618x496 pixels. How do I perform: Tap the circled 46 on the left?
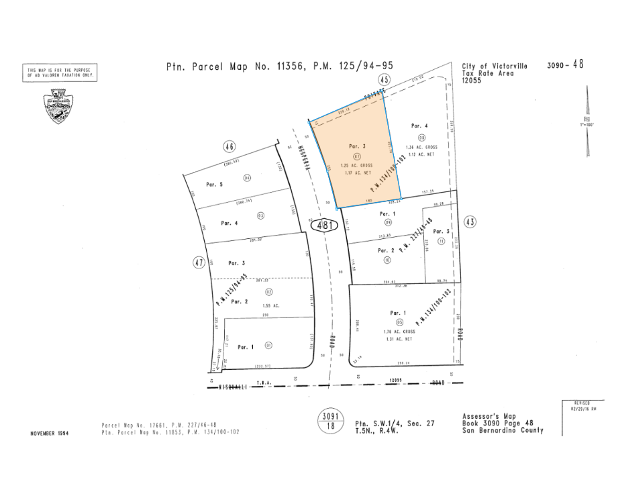[x=230, y=146]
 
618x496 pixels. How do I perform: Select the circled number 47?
[x=199, y=262]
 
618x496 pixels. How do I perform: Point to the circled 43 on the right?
[x=469, y=221]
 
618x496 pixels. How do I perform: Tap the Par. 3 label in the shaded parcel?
[x=357, y=146]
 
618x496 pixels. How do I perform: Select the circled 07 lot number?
[x=357, y=156]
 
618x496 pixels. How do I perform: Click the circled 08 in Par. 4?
[x=422, y=137]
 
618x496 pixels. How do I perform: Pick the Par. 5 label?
[x=216, y=185]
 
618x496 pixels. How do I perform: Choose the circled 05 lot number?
[x=399, y=322]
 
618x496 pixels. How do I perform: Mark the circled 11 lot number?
[x=441, y=240]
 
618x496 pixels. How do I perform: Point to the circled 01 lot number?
[x=269, y=346]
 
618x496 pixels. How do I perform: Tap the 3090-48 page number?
[x=565, y=65]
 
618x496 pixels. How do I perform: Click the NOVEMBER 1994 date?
[x=50, y=433]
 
